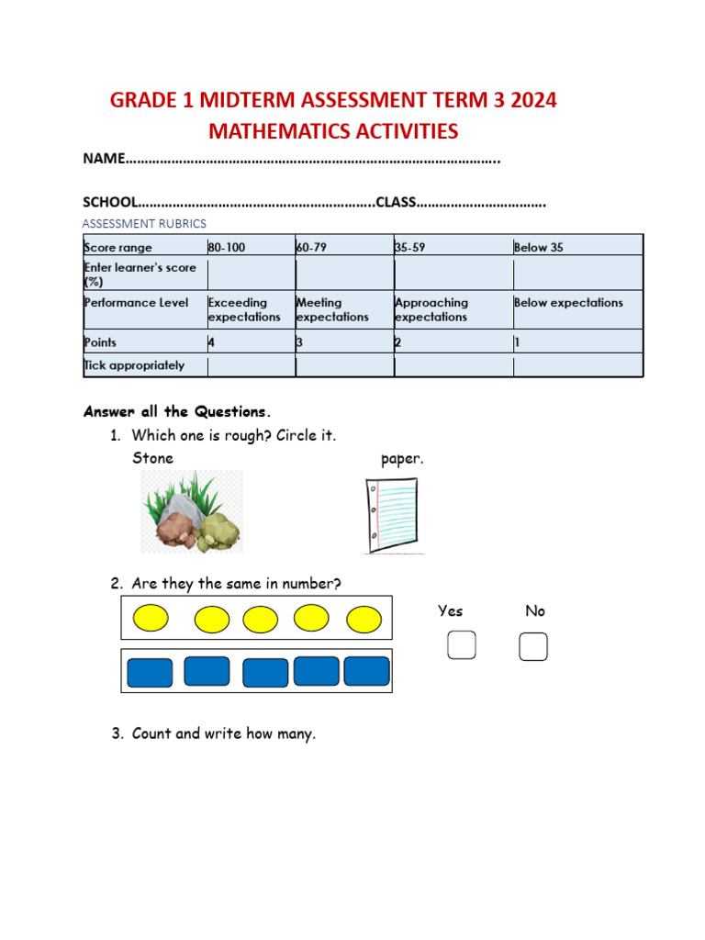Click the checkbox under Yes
[x=462, y=645]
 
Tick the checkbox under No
[x=533, y=646]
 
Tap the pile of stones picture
[x=192, y=512]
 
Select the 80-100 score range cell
[x=251, y=247]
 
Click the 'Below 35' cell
[x=577, y=247]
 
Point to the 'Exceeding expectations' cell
[x=251, y=309]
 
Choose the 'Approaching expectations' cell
[x=453, y=309]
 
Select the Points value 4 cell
[x=251, y=342]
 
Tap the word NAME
[x=103, y=159]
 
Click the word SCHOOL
[x=110, y=202]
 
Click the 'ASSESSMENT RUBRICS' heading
[x=144, y=224]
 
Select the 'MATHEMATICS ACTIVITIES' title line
[x=333, y=131]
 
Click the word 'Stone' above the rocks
[x=152, y=457]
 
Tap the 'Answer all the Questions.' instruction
[x=177, y=411]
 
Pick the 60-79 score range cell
[x=344, y=247]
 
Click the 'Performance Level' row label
[x=137, y=303]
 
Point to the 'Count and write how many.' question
[x=223, y=733]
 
